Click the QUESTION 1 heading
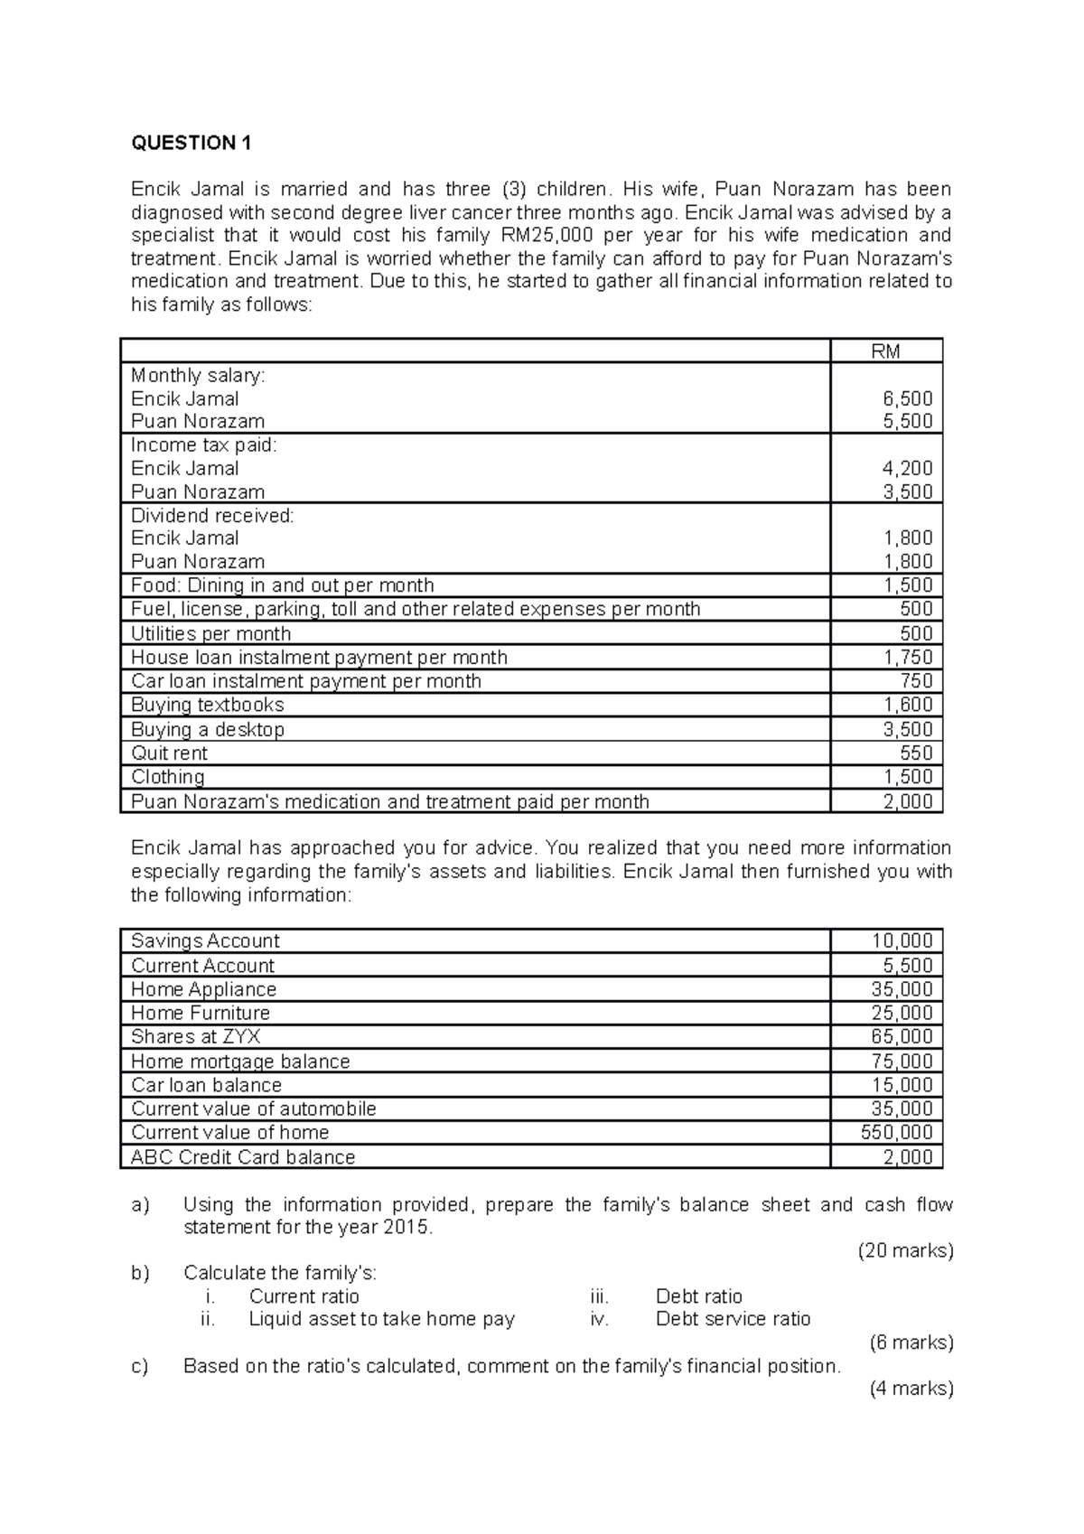tap(191, 143)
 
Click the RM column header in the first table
tap(885, 351)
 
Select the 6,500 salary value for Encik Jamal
tap(908, 398)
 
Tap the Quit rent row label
tap(169, 753)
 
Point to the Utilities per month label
tap(210, 633)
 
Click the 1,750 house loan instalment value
tap(908, 658)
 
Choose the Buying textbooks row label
tap(207, 705)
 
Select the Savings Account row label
tap(205, 941)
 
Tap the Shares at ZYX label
tap(195, 1037)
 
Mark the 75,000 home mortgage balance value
tap(902, 1062)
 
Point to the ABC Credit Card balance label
tap(243, 1157)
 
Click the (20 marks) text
tap(905, 1251)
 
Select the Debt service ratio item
tap(733, 1319)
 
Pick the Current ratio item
tap(304, 1296)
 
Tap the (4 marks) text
tap(911, 1389)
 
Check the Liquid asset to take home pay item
tap(381, 1319)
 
